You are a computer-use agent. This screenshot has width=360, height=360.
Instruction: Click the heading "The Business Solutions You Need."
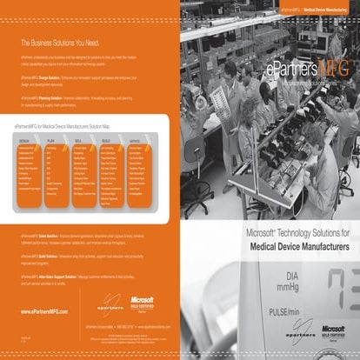pos(60,41)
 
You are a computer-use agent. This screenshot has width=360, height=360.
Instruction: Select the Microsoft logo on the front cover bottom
pos(330,337)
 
